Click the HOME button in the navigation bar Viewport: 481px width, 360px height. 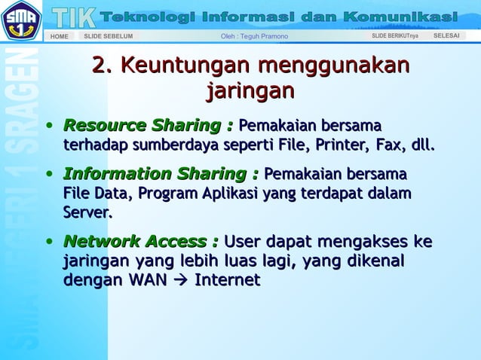(59, 36)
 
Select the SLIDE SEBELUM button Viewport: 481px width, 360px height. (108, 36)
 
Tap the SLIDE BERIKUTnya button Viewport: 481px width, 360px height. (394, 36)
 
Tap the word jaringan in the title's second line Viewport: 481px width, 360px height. (249, 92)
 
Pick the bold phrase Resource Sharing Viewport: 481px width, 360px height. (144, 125)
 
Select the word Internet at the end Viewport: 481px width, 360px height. (228, 281)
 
